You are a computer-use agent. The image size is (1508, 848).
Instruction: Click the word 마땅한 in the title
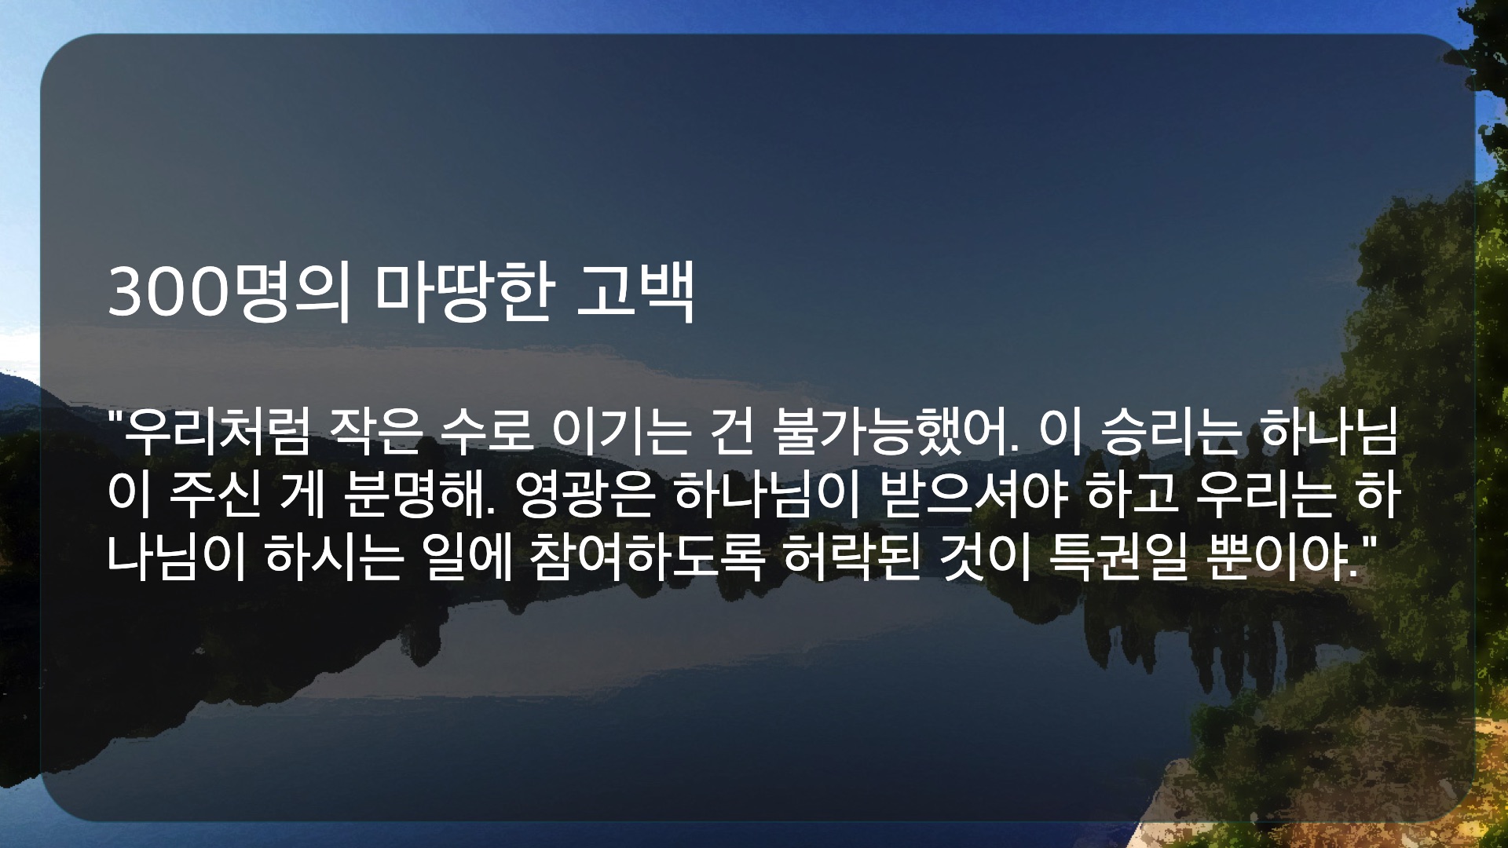pyautogui.click(x=463, y=293)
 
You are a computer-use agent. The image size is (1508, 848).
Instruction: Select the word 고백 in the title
pyautogui.click(x=635, y=293)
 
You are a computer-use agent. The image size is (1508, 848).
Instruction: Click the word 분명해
pyautogui.click(x=421, y=496)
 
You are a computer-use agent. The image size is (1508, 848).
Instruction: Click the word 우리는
pyautogui.click(x=1267, y=496)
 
